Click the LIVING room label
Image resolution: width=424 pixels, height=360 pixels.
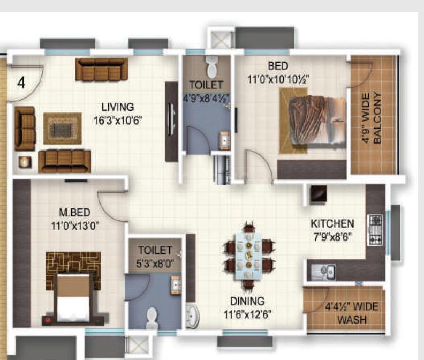click(118, 107)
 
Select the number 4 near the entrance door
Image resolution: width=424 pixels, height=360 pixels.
click(21, 83)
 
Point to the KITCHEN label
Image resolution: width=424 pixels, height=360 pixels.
click(332, 223)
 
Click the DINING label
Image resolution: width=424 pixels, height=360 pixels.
click(248, 302)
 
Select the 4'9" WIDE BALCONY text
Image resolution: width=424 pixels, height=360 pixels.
click(372, 119)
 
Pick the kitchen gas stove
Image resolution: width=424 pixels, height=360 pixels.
click(375, 229)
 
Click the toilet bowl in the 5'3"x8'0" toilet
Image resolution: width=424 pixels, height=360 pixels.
click(153, 318)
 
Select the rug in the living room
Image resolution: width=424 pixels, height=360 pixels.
click(63, 128)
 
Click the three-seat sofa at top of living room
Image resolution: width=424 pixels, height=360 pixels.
click(101, 69)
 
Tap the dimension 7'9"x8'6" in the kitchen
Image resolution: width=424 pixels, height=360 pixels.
click(332, 236)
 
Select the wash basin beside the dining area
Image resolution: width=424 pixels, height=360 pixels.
click(192, 316)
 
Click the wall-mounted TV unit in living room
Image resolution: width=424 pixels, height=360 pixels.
click(171, 122)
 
